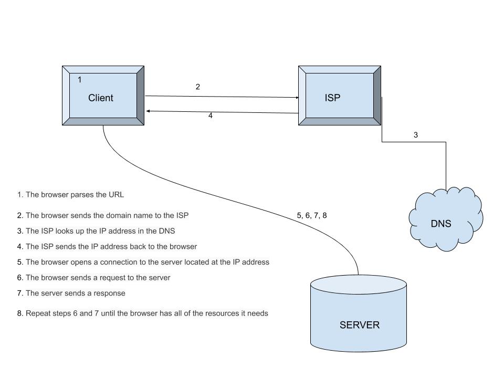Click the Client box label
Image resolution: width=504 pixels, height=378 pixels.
click(100, 98)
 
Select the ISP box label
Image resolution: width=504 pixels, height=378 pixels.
click(332, 97)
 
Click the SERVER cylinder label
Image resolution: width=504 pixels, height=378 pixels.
click(359, 325)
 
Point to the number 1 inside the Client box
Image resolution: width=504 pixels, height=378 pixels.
click(80, 80)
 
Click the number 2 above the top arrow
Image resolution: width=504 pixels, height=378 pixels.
click(198, 87)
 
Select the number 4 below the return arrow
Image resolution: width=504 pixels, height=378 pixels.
click(211, 116)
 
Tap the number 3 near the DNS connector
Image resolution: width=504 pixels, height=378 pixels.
click(416, 135)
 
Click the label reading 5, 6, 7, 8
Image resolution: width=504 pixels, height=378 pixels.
click(312, 215)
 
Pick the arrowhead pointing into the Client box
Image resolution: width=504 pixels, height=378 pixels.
click(149, 111)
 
